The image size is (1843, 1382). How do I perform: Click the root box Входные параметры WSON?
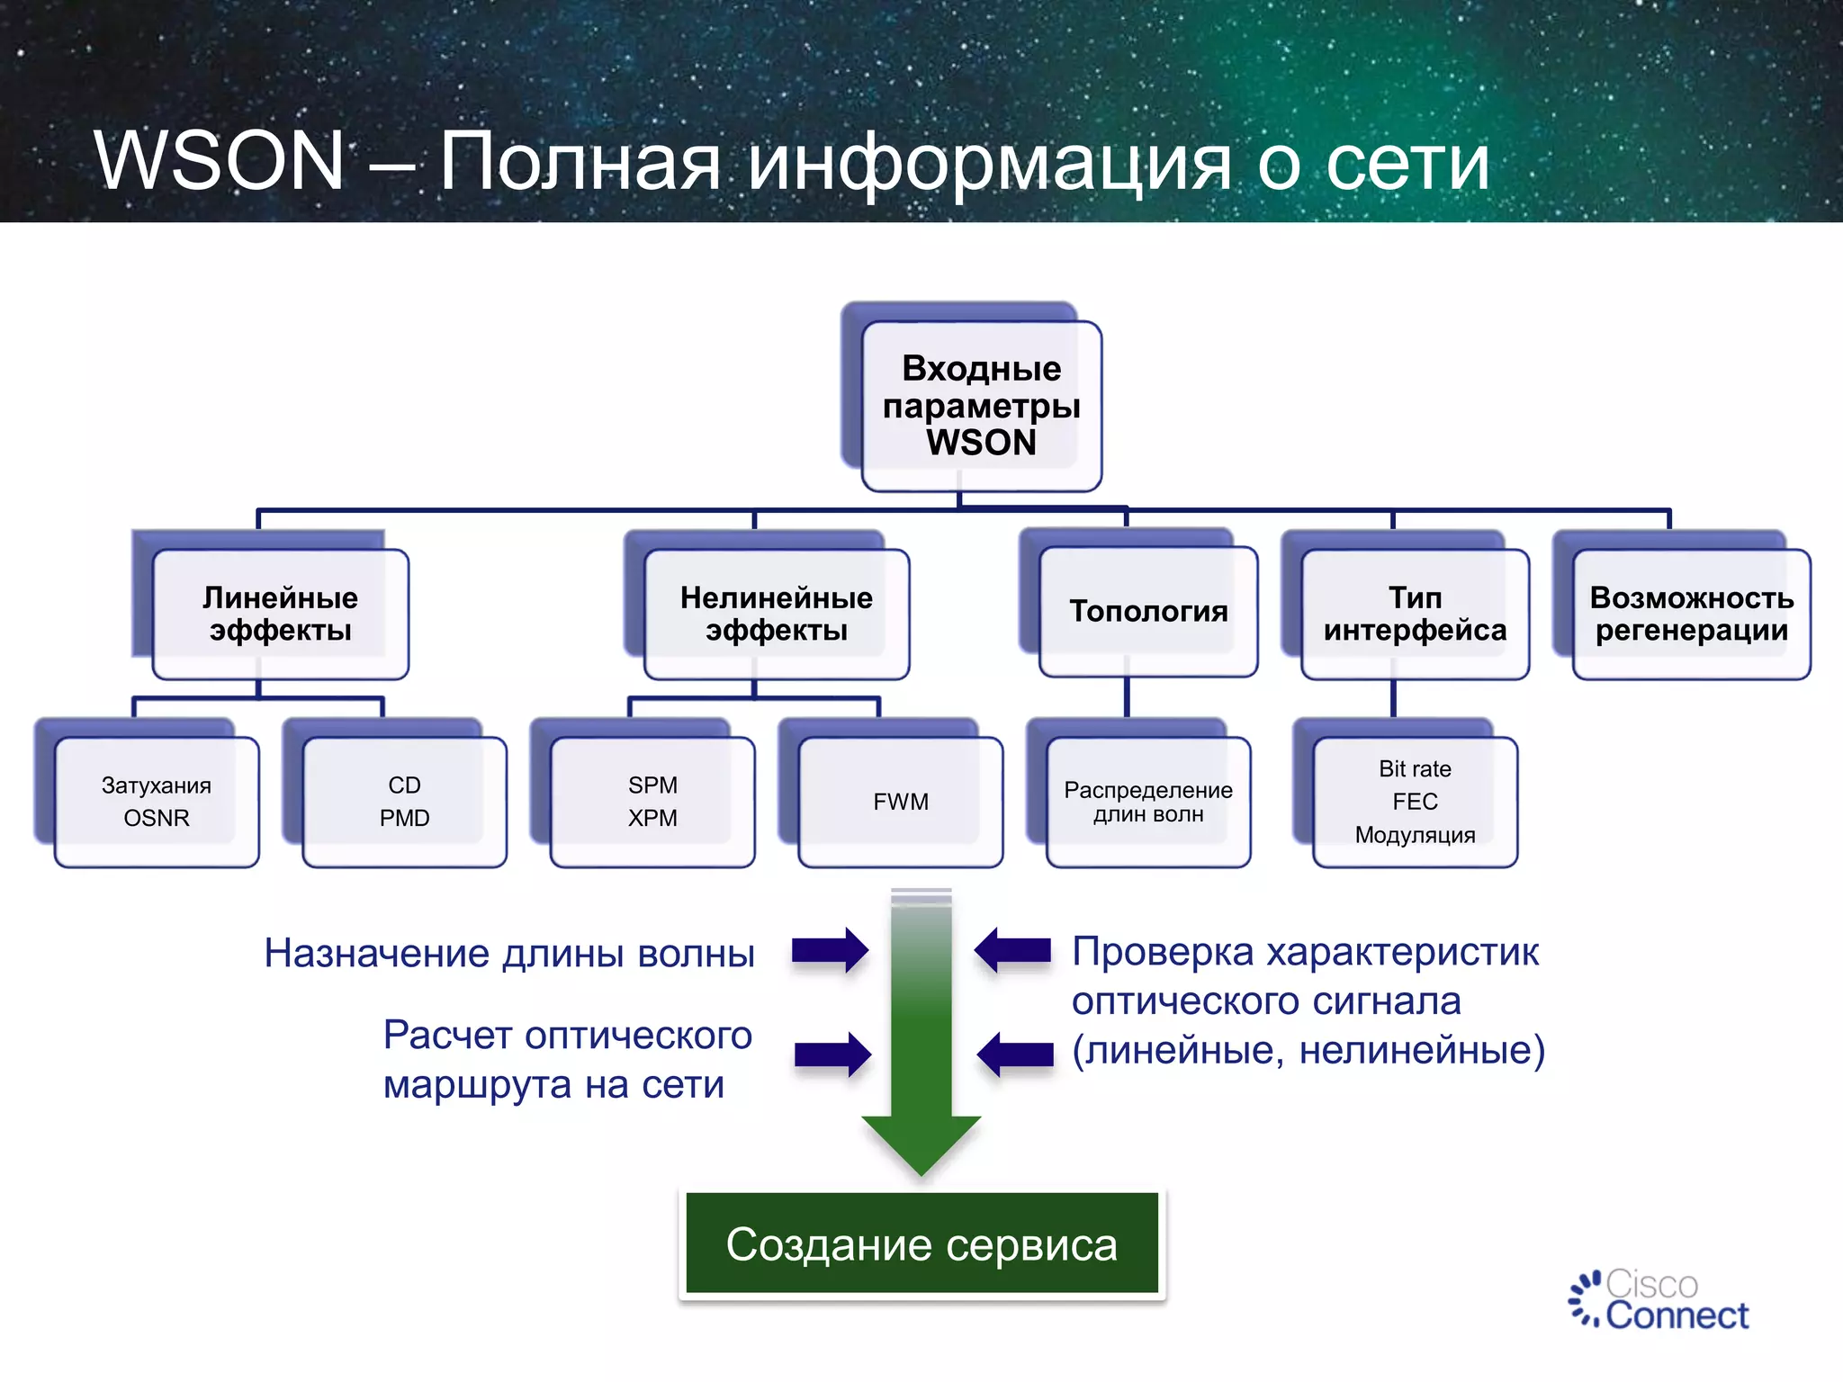click(981, 406)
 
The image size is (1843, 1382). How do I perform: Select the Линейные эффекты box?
click(280, 614)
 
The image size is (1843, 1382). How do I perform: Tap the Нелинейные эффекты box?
click(776, 614)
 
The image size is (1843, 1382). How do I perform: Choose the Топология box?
click(1147, 612)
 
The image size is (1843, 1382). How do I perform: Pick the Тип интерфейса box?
click(1415, 614)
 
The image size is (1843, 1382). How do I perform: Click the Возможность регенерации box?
click(1691, 614)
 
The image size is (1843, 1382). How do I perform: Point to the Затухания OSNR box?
click(157, 802)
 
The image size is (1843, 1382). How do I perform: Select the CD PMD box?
click(404, 802)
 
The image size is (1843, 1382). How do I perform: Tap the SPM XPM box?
click(652, 802)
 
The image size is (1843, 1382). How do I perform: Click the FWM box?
click(900, 802)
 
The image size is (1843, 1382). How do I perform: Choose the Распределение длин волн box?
click(1148, 802)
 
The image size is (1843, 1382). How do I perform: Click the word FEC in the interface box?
click(1415, 802)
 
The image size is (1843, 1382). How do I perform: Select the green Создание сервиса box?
click(921, 1243)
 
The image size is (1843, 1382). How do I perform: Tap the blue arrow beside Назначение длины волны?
click(830, 950)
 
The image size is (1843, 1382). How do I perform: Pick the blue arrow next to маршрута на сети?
click(832, 1054)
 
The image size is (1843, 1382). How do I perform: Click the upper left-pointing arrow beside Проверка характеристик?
click(1012, 950)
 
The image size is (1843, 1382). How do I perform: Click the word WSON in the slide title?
click(220, 162)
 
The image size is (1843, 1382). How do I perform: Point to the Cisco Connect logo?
click(1658, 1300)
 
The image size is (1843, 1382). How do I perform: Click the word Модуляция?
click(1415, 835)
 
